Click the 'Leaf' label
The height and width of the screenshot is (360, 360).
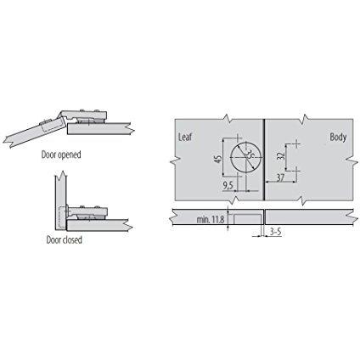185,137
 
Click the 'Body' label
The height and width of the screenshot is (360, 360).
338,138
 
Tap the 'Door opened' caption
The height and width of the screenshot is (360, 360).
61,155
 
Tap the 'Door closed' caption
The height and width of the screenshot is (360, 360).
65,240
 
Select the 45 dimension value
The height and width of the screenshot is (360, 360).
218,160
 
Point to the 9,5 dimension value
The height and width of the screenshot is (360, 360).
228,185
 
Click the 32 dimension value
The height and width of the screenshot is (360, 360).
281,156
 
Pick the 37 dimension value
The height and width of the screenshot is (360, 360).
280,177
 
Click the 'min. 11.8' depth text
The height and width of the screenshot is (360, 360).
211,219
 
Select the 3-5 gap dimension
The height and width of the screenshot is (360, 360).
275,232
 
